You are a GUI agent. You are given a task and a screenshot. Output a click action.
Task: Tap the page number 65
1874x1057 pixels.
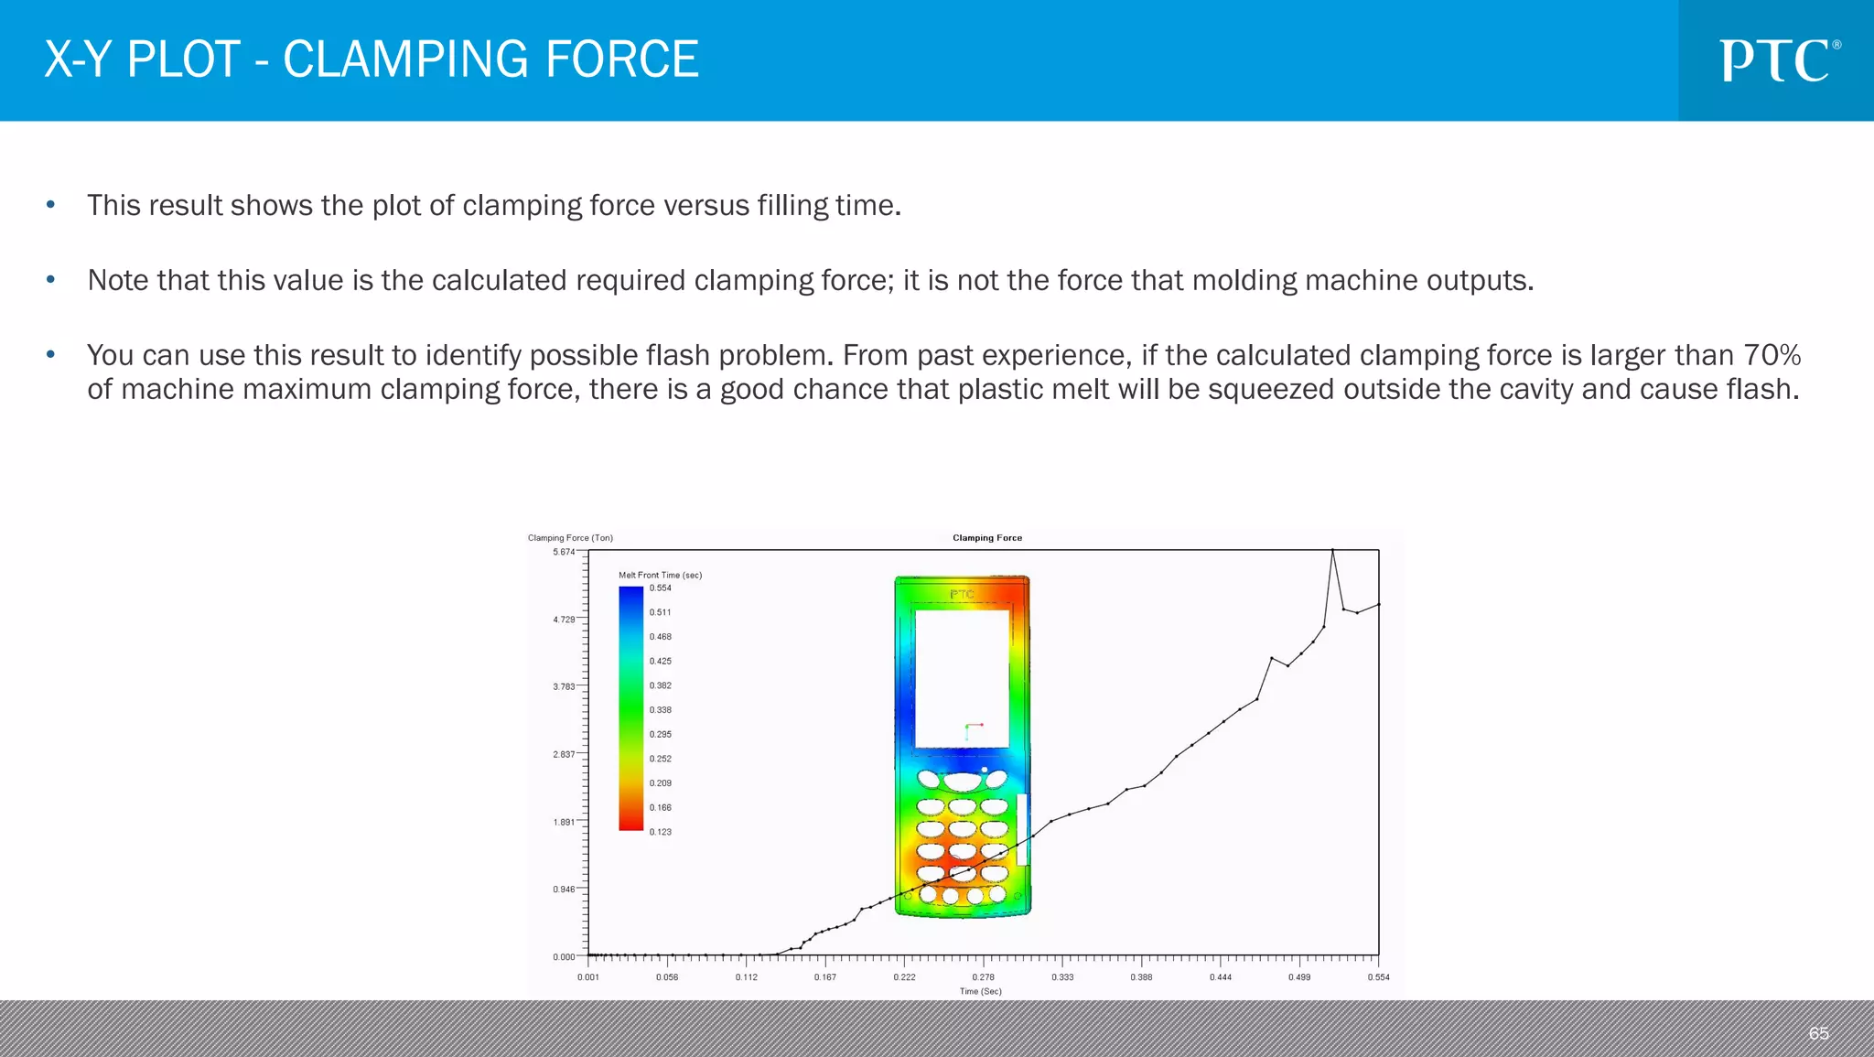coord(1818,1033)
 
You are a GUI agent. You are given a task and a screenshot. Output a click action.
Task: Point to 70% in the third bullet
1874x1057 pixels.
coord(1772,355)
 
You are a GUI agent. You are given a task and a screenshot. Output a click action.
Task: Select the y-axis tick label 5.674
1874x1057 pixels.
coord(564,552)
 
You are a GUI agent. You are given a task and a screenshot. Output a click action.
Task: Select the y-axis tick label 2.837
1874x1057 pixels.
coord(564,754)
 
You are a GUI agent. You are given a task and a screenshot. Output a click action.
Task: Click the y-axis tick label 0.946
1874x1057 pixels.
coord(564,890)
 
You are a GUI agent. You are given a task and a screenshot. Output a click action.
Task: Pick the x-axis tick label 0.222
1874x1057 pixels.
coord(904,977)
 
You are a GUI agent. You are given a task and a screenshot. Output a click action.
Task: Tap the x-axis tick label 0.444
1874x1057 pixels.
coord(1220,977)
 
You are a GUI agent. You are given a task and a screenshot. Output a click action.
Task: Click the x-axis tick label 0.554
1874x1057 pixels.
coord(1378,977)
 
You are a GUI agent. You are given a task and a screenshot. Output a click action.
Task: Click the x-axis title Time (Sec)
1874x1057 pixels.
coord(980,991)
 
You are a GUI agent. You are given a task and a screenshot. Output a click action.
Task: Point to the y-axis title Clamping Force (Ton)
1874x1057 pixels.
coord(570,538)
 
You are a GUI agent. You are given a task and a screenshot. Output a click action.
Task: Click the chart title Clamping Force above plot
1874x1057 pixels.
coord(986,538)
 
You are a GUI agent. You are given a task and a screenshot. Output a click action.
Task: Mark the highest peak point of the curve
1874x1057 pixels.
coord(1332,550)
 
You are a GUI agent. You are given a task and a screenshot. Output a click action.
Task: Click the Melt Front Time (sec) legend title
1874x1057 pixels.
coord(660,576)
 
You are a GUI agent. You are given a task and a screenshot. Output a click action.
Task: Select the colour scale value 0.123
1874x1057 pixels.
coord(660,832)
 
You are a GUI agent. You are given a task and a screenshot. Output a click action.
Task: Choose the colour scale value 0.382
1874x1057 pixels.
coord(660,685)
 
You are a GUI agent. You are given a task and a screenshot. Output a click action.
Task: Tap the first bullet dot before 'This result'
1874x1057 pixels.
coord(51,205)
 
